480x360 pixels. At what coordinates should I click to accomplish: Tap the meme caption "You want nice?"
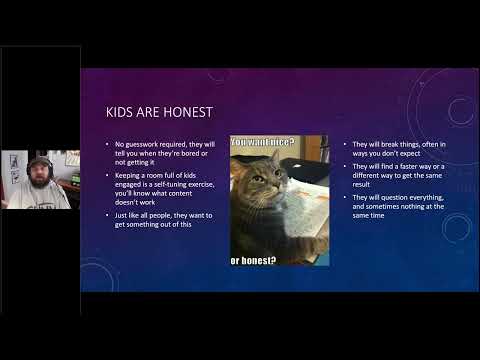coord(263,143)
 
